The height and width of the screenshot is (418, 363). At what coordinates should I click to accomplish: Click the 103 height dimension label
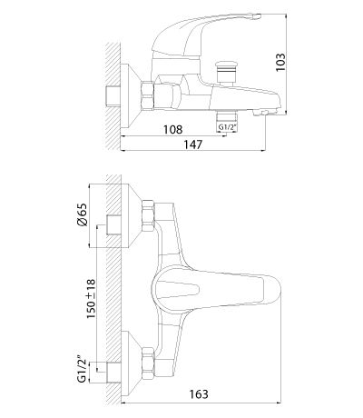[280, 62]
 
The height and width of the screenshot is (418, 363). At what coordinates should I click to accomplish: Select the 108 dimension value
[173, 129]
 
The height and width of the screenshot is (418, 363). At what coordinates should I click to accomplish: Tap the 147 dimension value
[192, 144]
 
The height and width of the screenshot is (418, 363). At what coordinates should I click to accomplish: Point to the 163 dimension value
[199, 394]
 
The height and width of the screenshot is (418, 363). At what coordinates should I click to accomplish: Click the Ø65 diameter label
[82, 214]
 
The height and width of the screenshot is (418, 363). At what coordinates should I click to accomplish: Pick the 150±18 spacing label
[91, 299]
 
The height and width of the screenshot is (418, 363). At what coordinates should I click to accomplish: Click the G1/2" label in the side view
[227, 127]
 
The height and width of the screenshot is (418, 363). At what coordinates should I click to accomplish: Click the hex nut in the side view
[147, 95]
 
